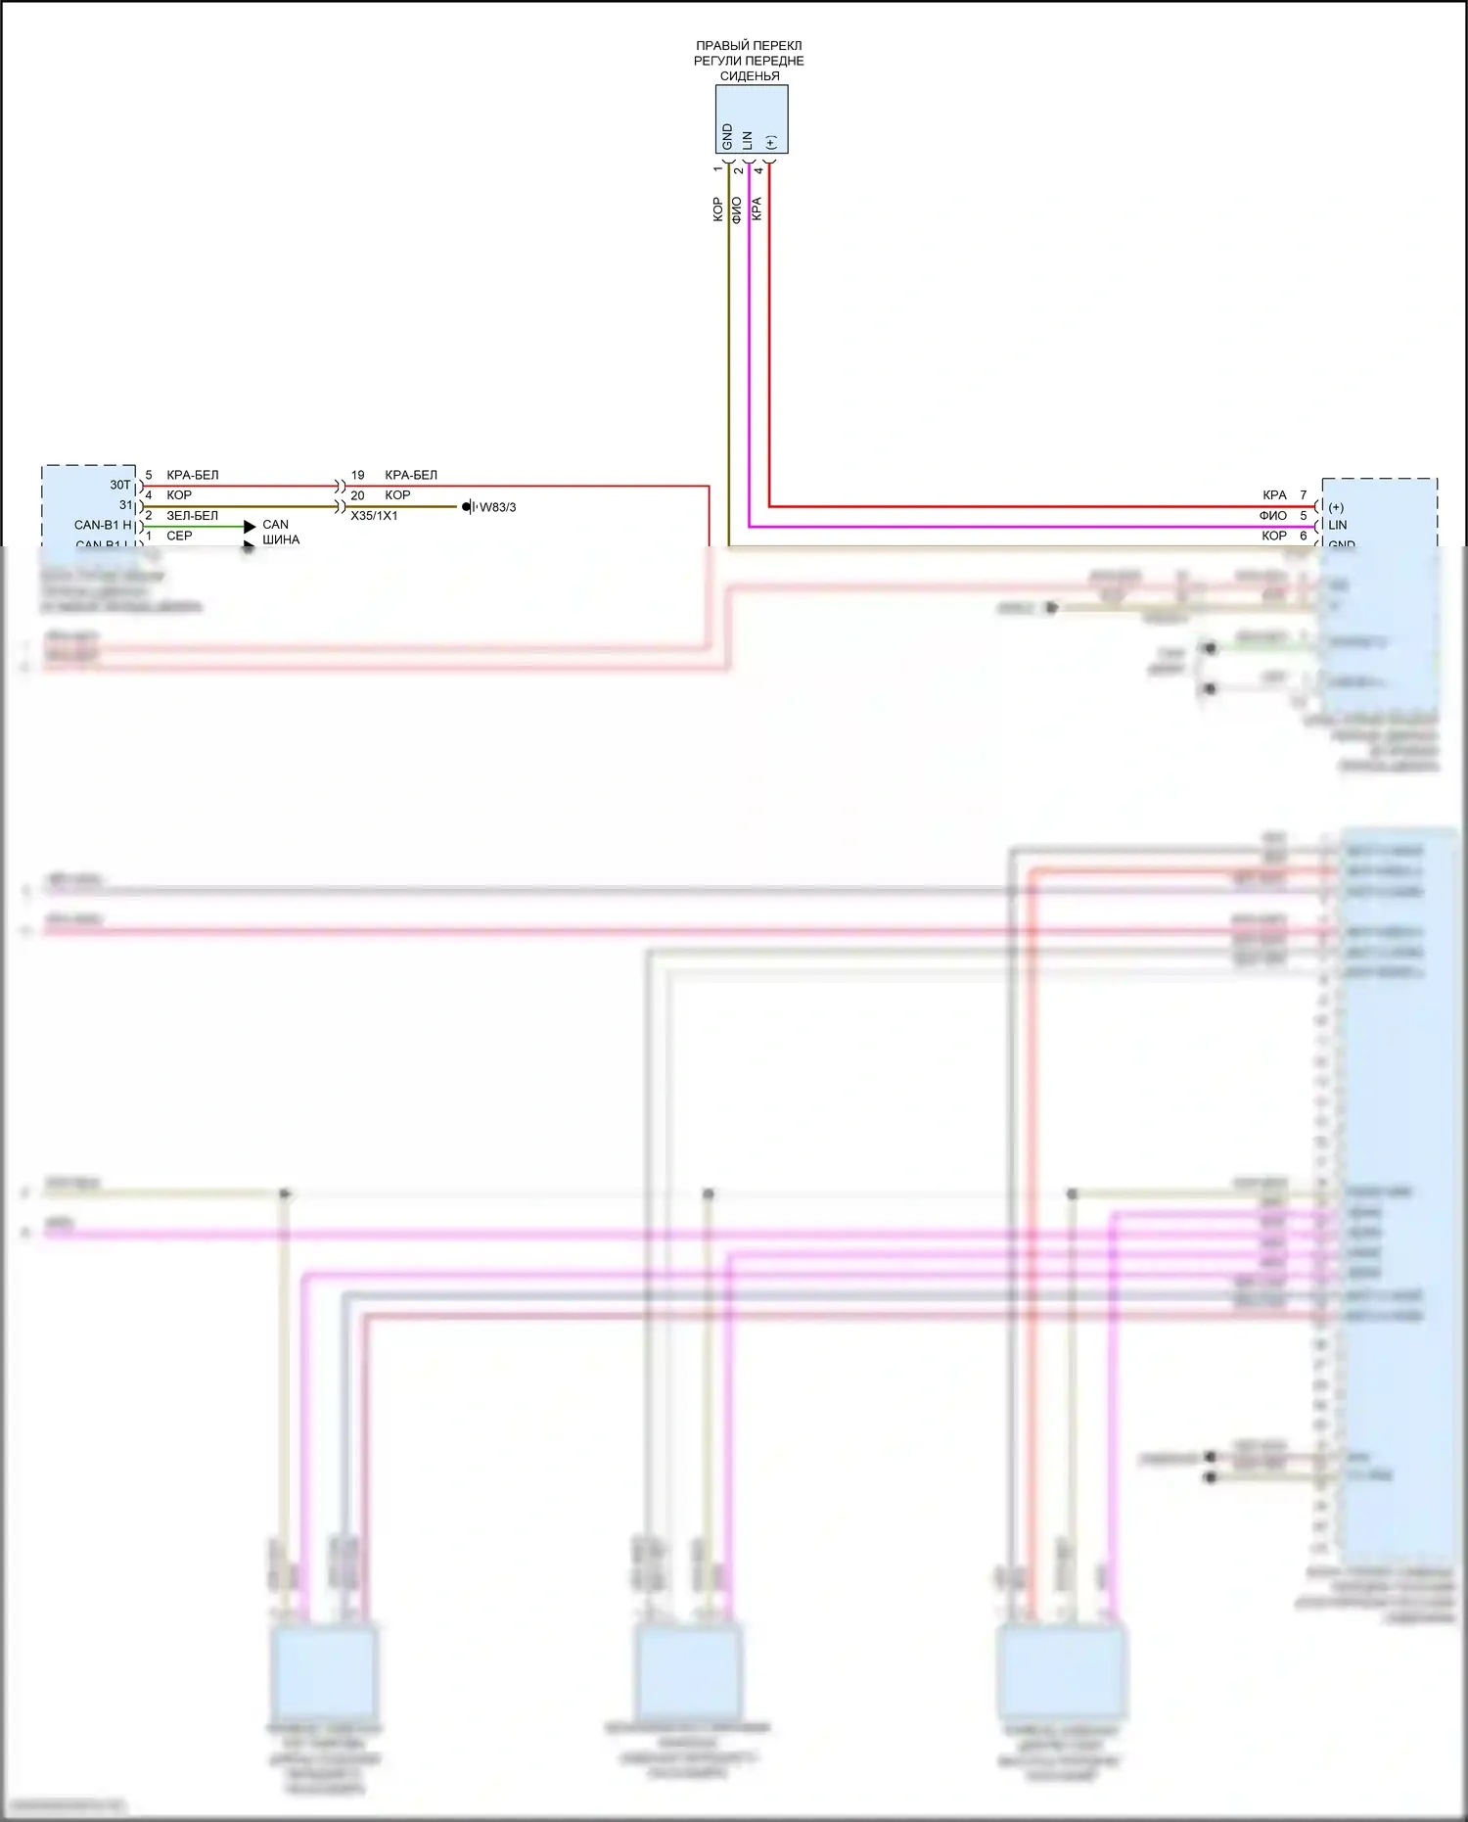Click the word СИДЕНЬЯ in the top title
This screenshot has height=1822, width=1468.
(x=750, y=75)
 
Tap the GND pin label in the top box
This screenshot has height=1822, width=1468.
(x=727, y=136)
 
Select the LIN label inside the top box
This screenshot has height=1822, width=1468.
(x=748, y=140)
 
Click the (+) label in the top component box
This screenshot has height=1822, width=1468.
(x=770, y=142)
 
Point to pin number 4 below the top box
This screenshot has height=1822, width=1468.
(x=758, y=170)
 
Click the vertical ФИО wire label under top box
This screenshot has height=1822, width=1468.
(x=736, y=210)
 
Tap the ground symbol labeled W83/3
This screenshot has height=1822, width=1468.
(x=469, y=507)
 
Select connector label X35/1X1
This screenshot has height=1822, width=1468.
(x=374, y=515)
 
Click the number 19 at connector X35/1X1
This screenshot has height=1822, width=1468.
(x=357, y=475)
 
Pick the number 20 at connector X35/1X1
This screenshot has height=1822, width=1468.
(x=357, y=495)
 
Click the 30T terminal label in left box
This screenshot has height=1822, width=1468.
(x=119, y=485)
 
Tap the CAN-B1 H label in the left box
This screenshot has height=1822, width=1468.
(x=103, y=525)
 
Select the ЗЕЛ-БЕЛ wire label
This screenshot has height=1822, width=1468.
(x=192, y=515)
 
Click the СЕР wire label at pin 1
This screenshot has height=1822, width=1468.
(x=179, y=536)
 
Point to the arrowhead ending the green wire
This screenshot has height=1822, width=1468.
(x=250, y=527)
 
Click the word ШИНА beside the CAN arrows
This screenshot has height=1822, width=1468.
(x=281, y=539)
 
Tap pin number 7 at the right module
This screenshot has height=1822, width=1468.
(x=1303, y=495)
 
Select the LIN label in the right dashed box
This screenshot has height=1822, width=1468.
(x=1337, y=525)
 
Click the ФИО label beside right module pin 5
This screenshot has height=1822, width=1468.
(x=1272, y=516)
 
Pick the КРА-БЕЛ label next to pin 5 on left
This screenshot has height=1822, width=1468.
(x=192, y=475)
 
